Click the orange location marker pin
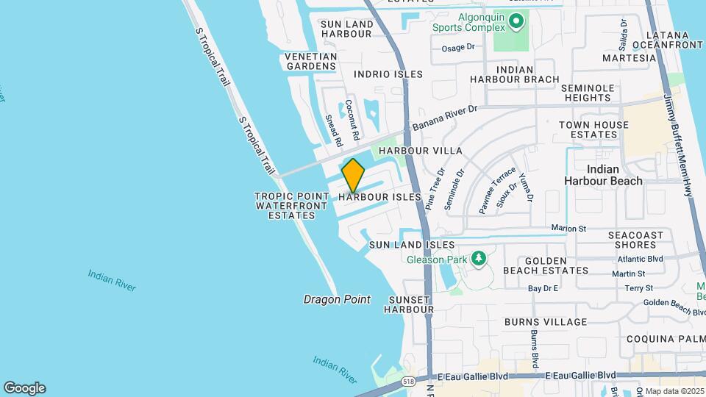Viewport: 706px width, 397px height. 354,175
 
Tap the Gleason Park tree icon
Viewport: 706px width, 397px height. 479,258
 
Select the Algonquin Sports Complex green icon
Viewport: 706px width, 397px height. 517,23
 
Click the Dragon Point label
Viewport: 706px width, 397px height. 337,299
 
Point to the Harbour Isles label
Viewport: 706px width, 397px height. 380,197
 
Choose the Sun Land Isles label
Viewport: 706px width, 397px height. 412,244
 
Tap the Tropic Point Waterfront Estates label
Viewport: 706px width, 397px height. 291,206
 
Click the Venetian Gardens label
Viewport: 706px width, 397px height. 310,61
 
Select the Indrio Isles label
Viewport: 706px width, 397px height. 388,74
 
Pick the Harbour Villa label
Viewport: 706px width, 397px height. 420,151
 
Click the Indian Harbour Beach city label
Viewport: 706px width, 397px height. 603,174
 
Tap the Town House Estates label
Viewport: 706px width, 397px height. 593,129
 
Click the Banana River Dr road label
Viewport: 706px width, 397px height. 445,118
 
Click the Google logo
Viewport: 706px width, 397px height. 24,387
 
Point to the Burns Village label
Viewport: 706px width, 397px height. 546,322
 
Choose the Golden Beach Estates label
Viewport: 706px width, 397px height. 546,265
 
